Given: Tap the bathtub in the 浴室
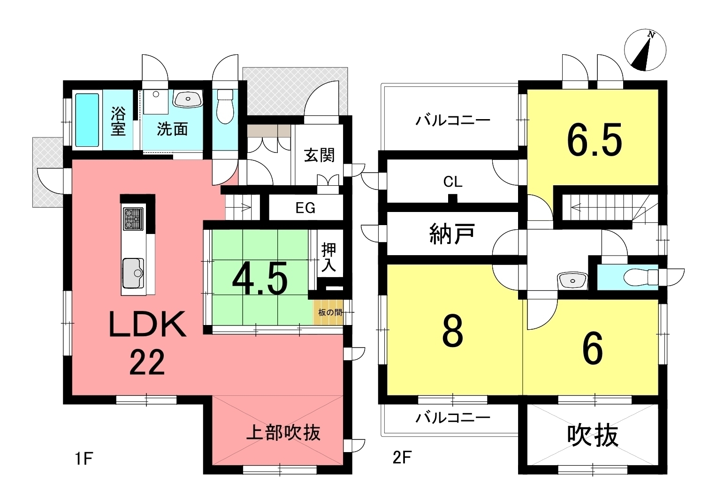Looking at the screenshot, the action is click(x=87, y=120).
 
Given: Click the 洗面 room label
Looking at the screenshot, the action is click(x=172, y=129).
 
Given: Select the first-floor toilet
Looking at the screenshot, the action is click(x=225, y=106).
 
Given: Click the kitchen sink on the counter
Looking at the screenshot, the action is click(x=133, y=273).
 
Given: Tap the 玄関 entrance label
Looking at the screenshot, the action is click(x=319, y=155).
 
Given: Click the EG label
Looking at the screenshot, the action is click(x=305, y=208).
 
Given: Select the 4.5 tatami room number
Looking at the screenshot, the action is click(x=260, y=278).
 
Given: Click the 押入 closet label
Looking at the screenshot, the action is click(x=329, y=257).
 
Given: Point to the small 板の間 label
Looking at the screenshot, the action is click(x=330, y=312).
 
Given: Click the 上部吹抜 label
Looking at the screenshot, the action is click(x=283, y=433).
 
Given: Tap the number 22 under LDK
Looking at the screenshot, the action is click(x=147, y=362).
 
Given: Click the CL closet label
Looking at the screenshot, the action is click(x=453, y=182).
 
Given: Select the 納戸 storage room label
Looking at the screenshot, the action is click(x=452, y=234).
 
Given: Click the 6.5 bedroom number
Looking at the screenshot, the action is click(x=595, y=140).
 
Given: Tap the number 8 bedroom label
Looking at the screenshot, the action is click(x=453, y=331).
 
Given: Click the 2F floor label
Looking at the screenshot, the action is click(x=402, y=458).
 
